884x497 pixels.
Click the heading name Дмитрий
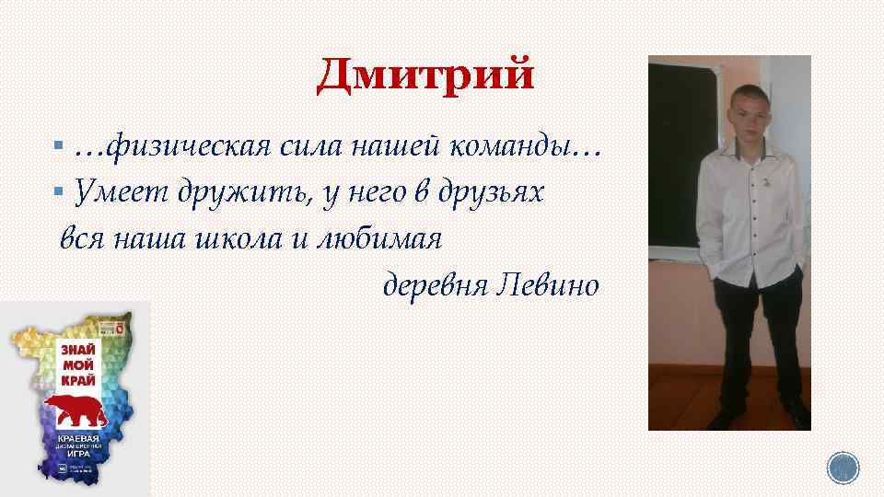[425, 74]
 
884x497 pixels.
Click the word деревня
[435, 285]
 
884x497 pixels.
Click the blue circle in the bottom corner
[842, 469]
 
